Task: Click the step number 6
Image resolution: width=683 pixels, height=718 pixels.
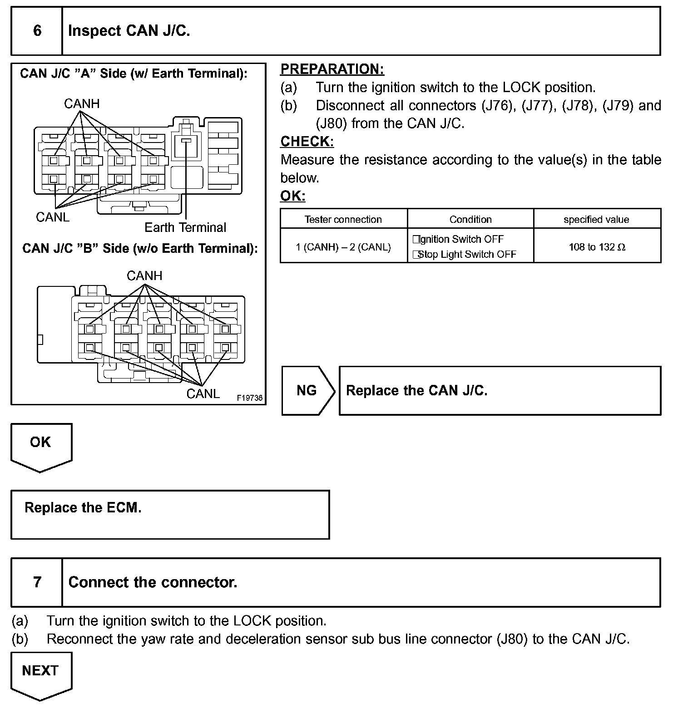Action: pos(37,31)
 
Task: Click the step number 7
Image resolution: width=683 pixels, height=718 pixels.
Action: pos(37,582)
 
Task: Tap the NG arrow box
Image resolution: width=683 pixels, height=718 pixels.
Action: pos(307,390)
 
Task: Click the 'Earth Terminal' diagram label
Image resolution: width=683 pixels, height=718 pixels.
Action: pos(185,227)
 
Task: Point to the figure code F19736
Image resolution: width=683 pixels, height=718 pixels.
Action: pos(249,398)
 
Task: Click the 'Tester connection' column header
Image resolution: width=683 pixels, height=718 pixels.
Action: pos(343,220)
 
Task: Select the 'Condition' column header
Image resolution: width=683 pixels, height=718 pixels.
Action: pos(470,220)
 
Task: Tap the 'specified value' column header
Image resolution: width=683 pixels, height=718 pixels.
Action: pos(596,220)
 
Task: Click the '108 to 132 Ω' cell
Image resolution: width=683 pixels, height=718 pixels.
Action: pos(597,247)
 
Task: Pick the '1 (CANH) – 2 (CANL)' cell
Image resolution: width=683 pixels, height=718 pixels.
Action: pos(343,247)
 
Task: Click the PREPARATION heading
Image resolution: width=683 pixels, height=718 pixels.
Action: pos(332,69)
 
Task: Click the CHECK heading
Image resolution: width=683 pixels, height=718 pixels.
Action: pos(307,142)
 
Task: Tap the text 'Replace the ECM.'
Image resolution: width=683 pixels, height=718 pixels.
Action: pos(83,507)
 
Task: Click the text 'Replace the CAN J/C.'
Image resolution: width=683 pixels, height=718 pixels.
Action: pos(416,390)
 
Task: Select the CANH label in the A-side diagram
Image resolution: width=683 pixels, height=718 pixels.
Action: pos(82,104)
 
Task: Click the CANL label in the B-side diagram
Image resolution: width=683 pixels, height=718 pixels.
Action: pos(203,393)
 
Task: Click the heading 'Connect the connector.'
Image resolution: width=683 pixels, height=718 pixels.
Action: pos(153,582)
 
